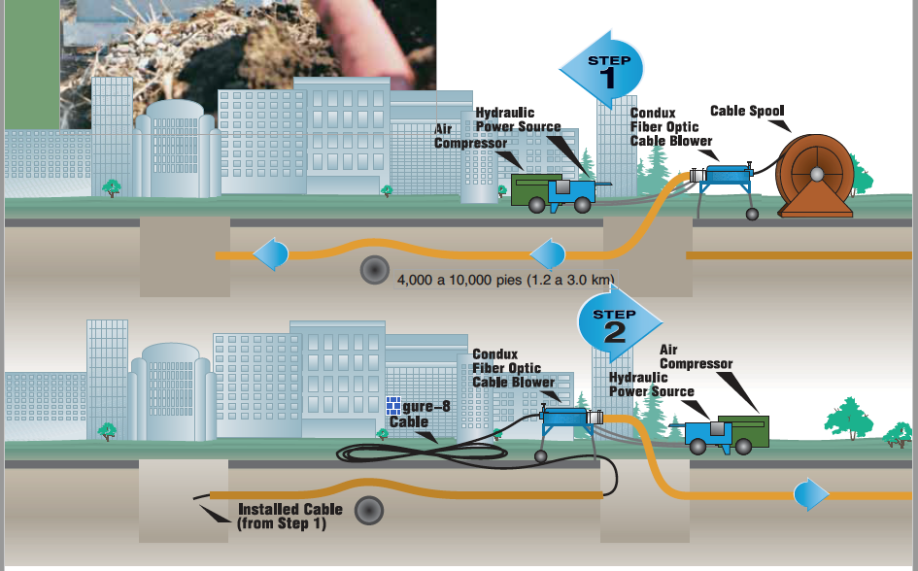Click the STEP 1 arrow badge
603,70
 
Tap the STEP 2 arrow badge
618,323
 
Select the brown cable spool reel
815,176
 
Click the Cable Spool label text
747,111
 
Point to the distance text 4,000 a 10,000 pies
505,280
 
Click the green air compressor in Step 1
536,189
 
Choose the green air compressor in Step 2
743,432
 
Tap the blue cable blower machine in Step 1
725,182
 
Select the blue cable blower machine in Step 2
568,427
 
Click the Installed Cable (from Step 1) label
289,516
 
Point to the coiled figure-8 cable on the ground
423,453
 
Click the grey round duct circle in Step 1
375,270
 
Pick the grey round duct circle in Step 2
369,510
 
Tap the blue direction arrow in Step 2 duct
811,494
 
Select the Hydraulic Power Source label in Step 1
518,119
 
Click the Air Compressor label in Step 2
696,357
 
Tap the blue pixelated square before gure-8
393,406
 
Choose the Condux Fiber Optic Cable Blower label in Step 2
513,368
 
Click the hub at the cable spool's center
817,174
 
